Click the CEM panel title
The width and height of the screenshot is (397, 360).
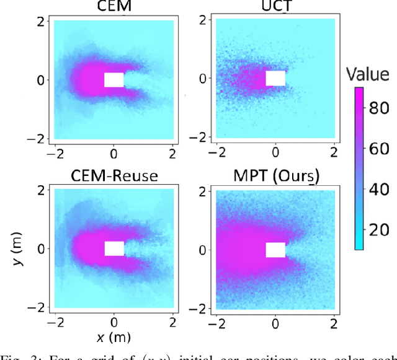click(114, 7)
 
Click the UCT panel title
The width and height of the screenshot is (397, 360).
click(275, 7)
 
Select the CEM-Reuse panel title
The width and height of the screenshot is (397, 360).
click(114, 176)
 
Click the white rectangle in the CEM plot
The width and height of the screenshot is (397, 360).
click(114, 80)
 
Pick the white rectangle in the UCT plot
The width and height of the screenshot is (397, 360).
click(275, 78)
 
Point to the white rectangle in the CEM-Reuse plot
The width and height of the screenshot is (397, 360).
click(114, 248)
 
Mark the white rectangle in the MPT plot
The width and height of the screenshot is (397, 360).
click(275, 250)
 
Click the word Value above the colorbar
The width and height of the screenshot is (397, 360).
click(368, 75)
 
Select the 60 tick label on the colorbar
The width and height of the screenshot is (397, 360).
click(378, 149)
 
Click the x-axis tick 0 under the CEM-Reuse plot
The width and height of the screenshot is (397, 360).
click(114, 323)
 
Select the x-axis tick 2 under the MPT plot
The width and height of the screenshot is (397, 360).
click(334, 323)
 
